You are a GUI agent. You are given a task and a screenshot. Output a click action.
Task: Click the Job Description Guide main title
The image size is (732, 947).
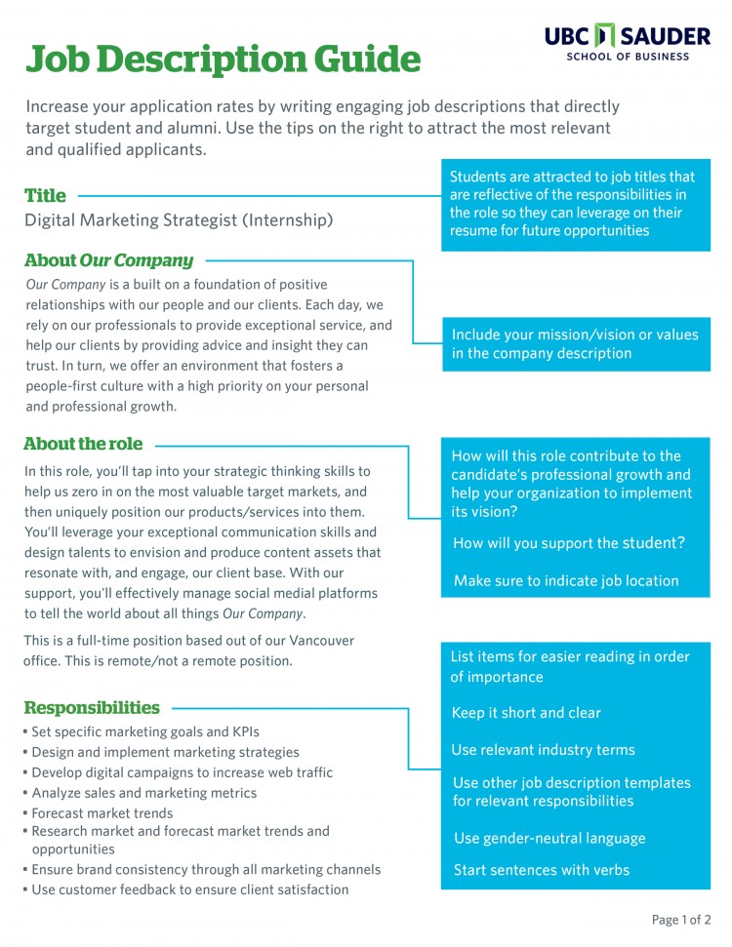[223, 59]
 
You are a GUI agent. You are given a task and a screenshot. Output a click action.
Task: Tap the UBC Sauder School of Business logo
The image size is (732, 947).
[628, 41]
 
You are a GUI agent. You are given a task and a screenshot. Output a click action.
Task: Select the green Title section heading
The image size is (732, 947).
[45, 195]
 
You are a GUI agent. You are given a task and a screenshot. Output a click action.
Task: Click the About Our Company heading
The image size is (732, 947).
[108, 260]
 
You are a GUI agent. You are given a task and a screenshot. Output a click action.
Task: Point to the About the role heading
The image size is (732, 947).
[83, 444]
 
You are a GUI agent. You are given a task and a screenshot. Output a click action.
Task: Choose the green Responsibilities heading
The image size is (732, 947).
[92, 708]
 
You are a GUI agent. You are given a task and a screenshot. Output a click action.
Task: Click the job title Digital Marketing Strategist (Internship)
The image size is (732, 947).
[179, 220]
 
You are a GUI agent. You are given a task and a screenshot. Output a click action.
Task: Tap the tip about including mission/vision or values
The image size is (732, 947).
[575, 343]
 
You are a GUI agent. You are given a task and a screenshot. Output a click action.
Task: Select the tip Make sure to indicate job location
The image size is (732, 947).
[566, 580]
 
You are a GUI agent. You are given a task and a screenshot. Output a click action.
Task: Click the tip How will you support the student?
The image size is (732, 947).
[569, 543]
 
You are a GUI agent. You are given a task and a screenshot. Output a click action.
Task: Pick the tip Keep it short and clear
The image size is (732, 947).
[526, 713]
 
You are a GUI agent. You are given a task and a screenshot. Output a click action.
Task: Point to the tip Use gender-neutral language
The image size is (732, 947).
[549, 838]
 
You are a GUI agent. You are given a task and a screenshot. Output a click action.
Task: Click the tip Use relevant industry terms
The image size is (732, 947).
[543, 750]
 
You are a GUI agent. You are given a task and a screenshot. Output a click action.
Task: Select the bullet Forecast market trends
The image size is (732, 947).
[102, 813]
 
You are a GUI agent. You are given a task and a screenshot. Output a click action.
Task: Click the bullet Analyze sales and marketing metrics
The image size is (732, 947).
[143, 793]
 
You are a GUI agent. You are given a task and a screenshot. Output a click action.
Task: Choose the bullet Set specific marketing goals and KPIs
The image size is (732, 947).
[145, 731]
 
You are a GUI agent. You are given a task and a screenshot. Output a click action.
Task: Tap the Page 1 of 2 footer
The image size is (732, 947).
[680, 920]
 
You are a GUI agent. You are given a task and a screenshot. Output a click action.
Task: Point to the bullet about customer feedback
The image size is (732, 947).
[189, 889]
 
